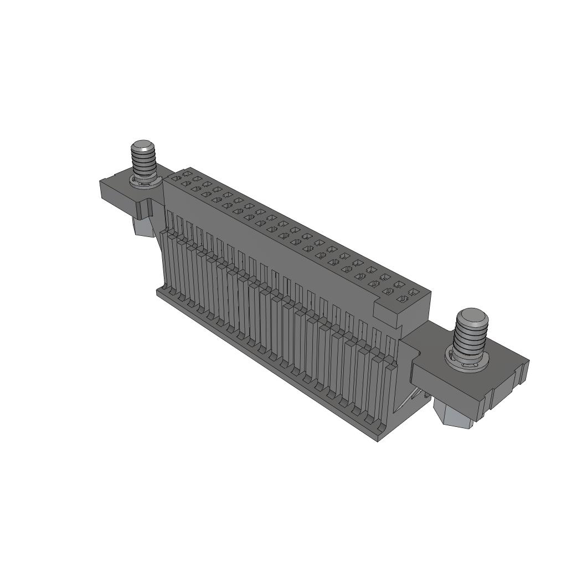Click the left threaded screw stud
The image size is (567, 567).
144,161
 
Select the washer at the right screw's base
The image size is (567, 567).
468,363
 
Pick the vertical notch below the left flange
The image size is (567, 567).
147,209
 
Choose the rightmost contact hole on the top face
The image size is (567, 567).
413,291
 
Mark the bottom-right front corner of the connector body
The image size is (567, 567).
377,441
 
